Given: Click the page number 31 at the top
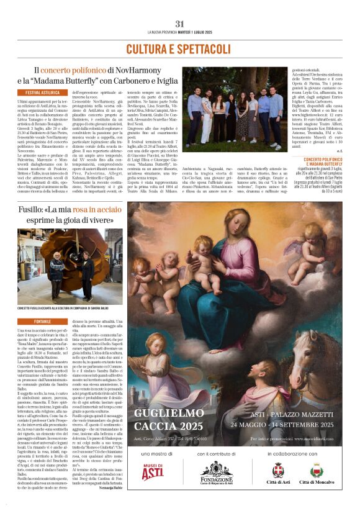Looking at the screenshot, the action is coord(179,23).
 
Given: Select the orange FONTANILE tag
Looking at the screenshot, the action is coord(43,322).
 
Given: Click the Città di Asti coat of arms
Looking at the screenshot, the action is coord(277,471).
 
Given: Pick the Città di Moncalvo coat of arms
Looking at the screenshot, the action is coord(316,471).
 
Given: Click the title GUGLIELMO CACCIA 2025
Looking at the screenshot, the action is coord(168,419).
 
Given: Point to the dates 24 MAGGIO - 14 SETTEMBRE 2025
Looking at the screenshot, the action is coord(282,425).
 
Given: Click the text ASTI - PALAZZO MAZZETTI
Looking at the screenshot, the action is coord(282,413).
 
